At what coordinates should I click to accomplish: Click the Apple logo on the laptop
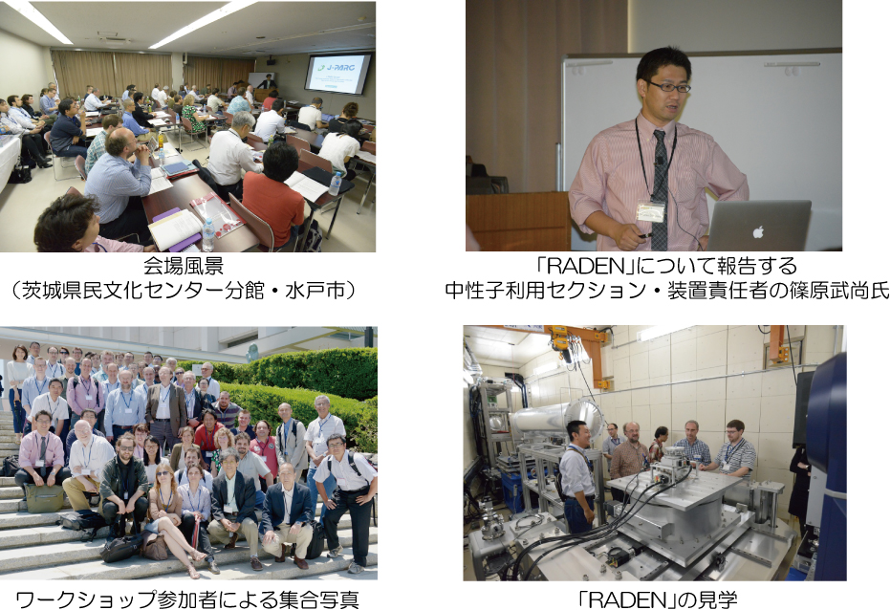point(758,231)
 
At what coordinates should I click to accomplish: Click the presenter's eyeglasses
point(669,87)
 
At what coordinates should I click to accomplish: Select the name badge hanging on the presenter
point(650,210)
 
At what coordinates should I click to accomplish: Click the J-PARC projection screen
point(337,73)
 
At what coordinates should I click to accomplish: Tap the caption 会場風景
point(183,266)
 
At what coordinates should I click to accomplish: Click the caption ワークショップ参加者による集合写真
point(187,599)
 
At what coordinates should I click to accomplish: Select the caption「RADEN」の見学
point(657,599)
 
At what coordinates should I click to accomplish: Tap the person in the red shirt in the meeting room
point(273,195)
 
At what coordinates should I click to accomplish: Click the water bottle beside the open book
point(208,235)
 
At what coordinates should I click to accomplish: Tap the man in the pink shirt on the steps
point(41,452)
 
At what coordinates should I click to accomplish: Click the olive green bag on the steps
point(44,497)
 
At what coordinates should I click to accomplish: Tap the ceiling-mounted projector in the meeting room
point(272,61)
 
